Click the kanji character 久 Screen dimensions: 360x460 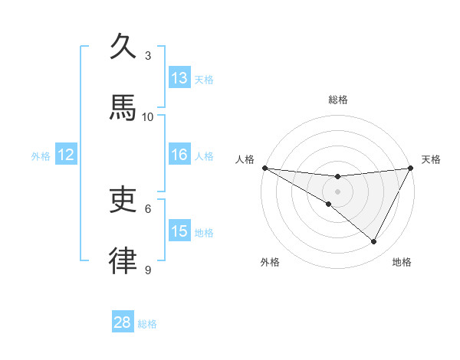tap(123, 47)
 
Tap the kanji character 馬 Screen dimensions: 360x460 tap(123, 108)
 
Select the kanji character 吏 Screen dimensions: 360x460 tap(123, 200)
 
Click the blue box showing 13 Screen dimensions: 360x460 tap(179, 78)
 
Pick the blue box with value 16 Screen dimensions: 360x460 tap(179, 155)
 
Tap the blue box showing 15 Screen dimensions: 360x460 tap(179, 232)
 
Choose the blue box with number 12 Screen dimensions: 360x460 tap(65, 155)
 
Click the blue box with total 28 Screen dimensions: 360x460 tap(123, 322)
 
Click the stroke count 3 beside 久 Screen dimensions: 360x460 tap(148, 55)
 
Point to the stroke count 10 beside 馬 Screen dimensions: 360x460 tap(148, 116)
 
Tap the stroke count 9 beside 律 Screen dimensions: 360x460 tap(148, 270)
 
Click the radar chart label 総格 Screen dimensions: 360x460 tap(338, 100)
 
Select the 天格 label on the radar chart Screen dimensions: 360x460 tap(431, 159)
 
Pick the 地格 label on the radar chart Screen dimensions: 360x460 tap(402, 262)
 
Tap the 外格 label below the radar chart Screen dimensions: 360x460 tap(270, 262)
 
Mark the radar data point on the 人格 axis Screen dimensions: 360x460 tap(264, 168)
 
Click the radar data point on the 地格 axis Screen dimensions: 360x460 tap(374, 242)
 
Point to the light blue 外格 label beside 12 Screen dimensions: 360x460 tap(41, 156)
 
